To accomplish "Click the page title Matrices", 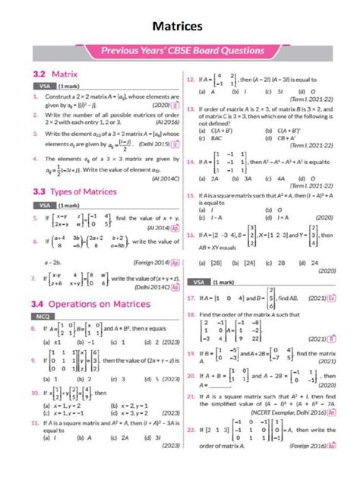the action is [x=177, y=27].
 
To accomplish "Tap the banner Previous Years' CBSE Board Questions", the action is [x=179, y=52].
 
